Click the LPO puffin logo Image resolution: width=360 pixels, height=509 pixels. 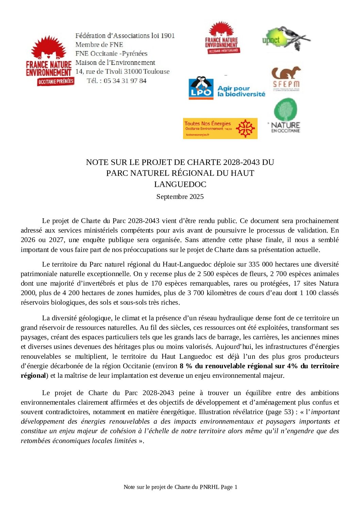click(x=201, y=88)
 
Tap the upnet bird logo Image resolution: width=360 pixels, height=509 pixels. click(x=285, y=39)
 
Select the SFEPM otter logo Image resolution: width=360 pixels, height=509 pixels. click(x=286, y=79)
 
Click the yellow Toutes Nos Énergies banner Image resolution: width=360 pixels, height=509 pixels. click(x=220, y=128)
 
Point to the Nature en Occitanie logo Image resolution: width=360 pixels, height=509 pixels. click(x=285, y=115)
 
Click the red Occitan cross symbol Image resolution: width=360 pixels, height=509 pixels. click(x=245, y=128)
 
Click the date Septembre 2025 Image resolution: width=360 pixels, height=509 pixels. click(x=180, y=197)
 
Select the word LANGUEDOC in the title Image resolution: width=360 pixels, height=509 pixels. click(x=180, y=184)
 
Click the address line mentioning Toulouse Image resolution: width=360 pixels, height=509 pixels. click(x=122, y=72)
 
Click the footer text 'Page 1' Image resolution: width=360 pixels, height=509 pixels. click(x=229, y=487)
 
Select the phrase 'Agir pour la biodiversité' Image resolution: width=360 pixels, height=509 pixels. click(x=241, y=91)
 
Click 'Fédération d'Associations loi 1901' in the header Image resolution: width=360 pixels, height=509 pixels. click(x=125, y=36)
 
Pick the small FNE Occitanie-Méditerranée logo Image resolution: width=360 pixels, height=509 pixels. click(x=222, y=38)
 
